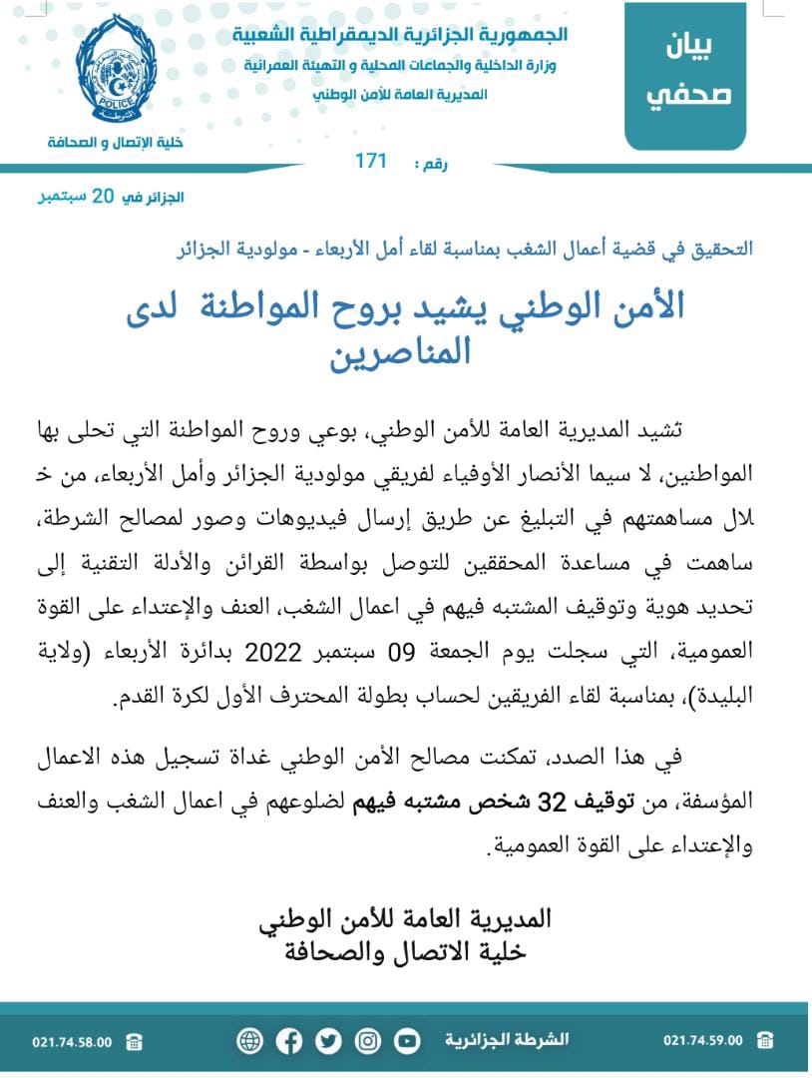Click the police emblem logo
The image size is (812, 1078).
pyautogui.click(x=116, y=69)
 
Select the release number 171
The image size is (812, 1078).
pyautogui.click(x=370, y=162)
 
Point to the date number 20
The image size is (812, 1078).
pyautogui.click(x=104, y=196)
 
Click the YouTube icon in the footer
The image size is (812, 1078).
pyautogui.click(x=406, y=1041)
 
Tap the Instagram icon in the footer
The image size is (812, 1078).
pyautogui.click(x=367, y=1041)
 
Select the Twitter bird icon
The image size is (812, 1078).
pyautogui.click(x=328, y=1041)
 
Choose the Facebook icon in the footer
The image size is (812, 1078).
pyautogui.click(x=289, y=1041)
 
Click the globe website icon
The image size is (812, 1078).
pyautogui.click(x=249, y=1041)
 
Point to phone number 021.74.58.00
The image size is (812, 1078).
pyautogui.click(x=72, y=1041)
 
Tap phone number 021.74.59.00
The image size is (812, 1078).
pyautogui.click(x=702, y=1041)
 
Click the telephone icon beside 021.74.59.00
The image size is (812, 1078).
pyautogui.click(x=765, y=1041)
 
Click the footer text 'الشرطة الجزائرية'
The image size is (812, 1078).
pyautogui.click(x=508, y=1040)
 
